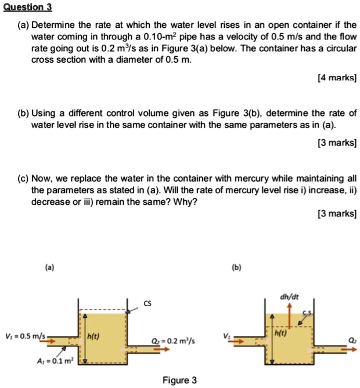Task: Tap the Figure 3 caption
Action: click(179, 380)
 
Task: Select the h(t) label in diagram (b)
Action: click(281, 333)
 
